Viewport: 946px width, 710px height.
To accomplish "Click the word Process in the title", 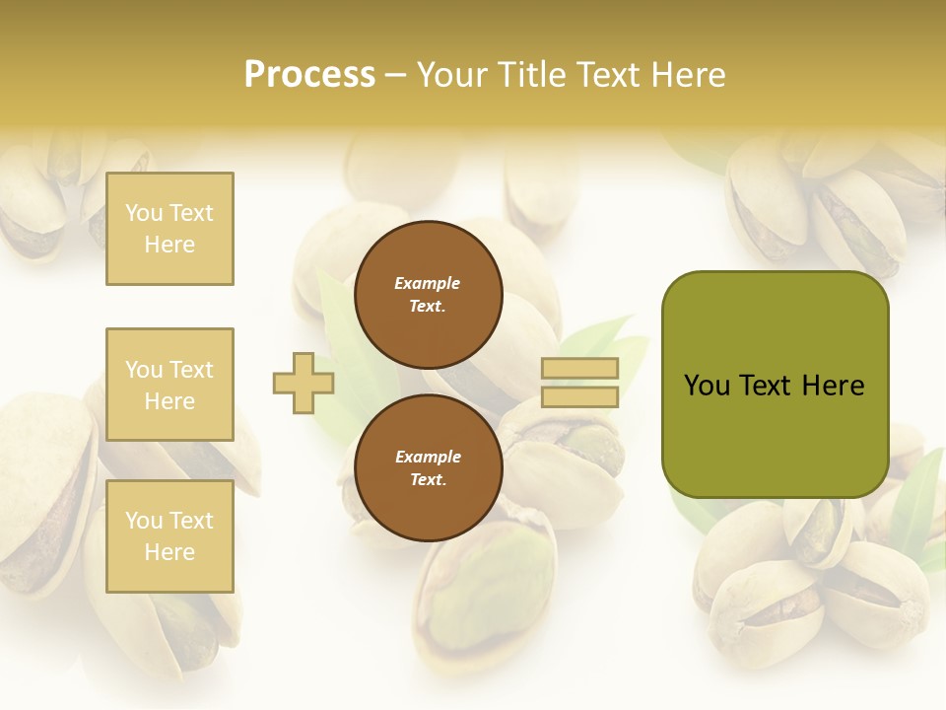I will tap(309, 75).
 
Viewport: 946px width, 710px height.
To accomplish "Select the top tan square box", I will tap(169, 229).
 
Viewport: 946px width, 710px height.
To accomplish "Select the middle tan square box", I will tap(169, 385).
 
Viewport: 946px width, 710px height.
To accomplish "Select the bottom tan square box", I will tap(169, 536).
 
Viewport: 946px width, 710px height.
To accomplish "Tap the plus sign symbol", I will tap(304, 383).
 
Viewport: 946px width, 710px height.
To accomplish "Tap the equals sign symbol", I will tap(580, 383).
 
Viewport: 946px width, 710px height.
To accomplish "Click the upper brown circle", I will tap(428, 295).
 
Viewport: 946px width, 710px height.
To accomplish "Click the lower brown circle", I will tap(428, 468).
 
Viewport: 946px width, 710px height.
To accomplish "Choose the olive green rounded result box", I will tap(775, 385).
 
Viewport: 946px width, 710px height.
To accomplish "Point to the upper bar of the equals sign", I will tap(580, 369).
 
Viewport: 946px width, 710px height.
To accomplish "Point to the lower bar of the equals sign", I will tap(580, 396).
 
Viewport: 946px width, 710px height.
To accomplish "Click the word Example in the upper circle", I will tap(427, 283).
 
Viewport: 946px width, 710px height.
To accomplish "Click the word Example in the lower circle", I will tap(427, 457).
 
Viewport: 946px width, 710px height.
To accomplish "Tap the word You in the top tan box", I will tap(144, 213).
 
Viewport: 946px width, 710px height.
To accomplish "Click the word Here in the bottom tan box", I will tap(169, 552).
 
